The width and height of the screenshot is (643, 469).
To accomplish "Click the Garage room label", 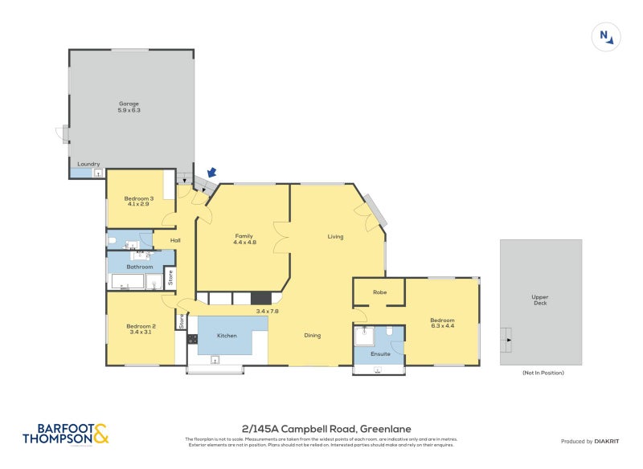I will coord(129,104).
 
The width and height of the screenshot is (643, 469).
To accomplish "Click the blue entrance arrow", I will coord(212,172).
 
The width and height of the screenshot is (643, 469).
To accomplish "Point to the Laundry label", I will coord(88,165).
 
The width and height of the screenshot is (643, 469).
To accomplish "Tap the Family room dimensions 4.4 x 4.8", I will coord(244,243).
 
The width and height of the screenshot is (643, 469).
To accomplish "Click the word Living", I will coord(336,237).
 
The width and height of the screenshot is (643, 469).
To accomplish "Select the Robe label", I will coord(379,292).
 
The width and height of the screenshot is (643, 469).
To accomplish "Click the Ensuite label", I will coord(380,353).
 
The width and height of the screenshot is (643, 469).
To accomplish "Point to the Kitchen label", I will coord(227,335).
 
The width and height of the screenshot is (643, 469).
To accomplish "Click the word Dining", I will coord(313,335).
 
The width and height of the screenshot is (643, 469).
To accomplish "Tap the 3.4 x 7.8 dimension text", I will coord(268,310).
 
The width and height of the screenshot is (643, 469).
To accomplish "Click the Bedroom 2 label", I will coord(140,325).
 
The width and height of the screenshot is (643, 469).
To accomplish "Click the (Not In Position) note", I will coord(543,373).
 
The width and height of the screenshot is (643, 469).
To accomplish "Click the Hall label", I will coord(175,240).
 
